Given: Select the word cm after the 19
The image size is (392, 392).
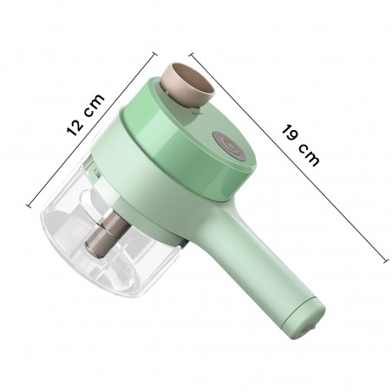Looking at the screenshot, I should [x=308, y=156].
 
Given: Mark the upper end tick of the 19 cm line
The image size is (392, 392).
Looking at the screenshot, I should [x=193, y=49].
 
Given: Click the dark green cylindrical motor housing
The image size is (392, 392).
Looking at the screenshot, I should [x=208, y=147].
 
